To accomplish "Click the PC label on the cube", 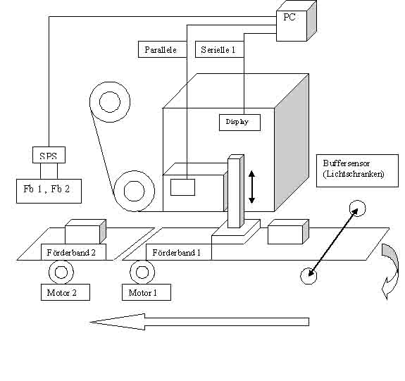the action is (289, 17).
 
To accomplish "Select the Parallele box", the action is (162, 49).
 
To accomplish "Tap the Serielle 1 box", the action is (220, 49).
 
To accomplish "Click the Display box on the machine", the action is (239, 123).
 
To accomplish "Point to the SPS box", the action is (49, 155).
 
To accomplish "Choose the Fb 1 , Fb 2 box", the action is (49, 191).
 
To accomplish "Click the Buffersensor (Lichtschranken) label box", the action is (357, 170).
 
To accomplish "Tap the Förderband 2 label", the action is (71, 252).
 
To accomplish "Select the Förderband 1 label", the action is (177, 252).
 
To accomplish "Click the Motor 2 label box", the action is (66, 292).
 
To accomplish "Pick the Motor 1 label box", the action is (147, 292).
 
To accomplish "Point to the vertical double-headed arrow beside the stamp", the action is (252, 187).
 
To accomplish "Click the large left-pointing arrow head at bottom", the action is (118, 322).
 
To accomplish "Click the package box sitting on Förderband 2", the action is (85, 232).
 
